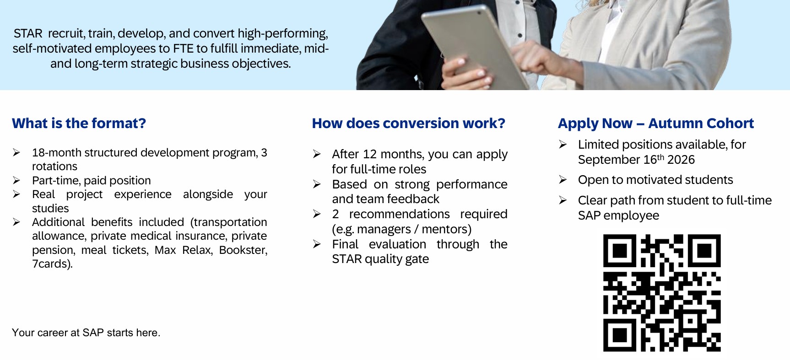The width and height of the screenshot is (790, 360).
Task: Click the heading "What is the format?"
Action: click(79, 123)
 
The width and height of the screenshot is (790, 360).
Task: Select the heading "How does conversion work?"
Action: click(408, 123)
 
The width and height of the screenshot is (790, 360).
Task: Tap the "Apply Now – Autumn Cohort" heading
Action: click(655, 124)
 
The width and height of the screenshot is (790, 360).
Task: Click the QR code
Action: click(662, 293)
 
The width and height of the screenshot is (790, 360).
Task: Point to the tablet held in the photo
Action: click(476, 46)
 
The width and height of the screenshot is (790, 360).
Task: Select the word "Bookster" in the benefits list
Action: click(243, 250)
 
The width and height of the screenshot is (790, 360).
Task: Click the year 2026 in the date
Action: click(681, 160)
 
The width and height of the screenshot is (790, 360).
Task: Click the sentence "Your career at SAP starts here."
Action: click(86, 333)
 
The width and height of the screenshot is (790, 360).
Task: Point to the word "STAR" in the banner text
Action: click(28, 33)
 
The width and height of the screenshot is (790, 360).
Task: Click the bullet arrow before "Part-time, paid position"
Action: click(16, 181)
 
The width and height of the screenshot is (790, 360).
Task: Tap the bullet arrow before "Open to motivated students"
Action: click(563, 180)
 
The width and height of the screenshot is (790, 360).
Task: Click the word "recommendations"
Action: click(400, 214)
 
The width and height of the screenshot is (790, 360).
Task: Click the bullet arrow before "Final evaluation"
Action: click(317, 244)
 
